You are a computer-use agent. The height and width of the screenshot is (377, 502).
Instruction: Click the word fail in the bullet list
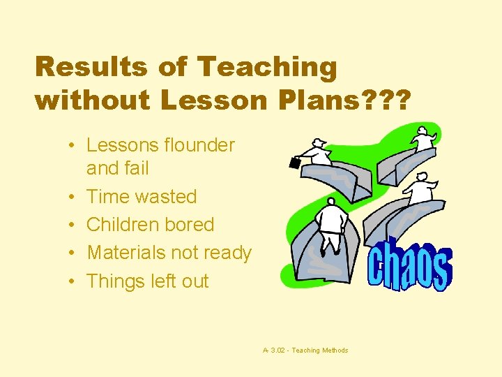138,168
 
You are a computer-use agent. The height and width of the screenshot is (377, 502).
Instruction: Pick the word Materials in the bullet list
127,253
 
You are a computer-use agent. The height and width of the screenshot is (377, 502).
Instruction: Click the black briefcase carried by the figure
295,163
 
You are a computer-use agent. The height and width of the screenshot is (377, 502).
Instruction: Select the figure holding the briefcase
317,153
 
